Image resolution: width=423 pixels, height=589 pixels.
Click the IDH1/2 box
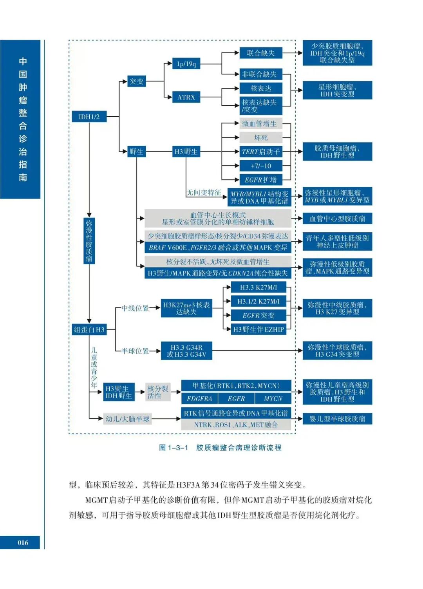tap(89, 117)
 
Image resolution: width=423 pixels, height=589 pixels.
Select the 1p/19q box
tap(186, 64)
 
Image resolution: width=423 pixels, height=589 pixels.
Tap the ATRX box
tap(186, 97)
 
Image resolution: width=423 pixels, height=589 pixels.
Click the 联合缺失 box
tap(260, 53)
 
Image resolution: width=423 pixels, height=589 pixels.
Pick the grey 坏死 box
tap(260, 137)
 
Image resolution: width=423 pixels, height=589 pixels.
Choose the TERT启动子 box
tap(260, 152)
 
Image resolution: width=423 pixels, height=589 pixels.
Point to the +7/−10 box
tap(260, 166)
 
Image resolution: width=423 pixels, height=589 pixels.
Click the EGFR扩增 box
tap(260, 180)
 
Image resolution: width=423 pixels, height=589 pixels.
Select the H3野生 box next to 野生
tap(186, 152)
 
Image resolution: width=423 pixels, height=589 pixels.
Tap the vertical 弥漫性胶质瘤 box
tap(89, 241)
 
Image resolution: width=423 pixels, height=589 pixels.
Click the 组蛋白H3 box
tap(89, 330)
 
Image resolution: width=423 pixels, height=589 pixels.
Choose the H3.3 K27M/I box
tap(258, 287)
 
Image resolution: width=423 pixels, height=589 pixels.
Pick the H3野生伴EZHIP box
tap(258, 329)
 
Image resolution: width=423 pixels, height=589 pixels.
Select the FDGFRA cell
tap(199, 399)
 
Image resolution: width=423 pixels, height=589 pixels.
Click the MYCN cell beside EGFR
tap(273, 399)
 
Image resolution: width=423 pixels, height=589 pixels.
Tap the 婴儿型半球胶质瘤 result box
tap(337, 419)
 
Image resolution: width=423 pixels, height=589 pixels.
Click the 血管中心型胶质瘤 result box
tap(337, 219)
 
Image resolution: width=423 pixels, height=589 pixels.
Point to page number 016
tap(23, 542)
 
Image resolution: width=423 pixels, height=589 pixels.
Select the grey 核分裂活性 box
tap(158, 392)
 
